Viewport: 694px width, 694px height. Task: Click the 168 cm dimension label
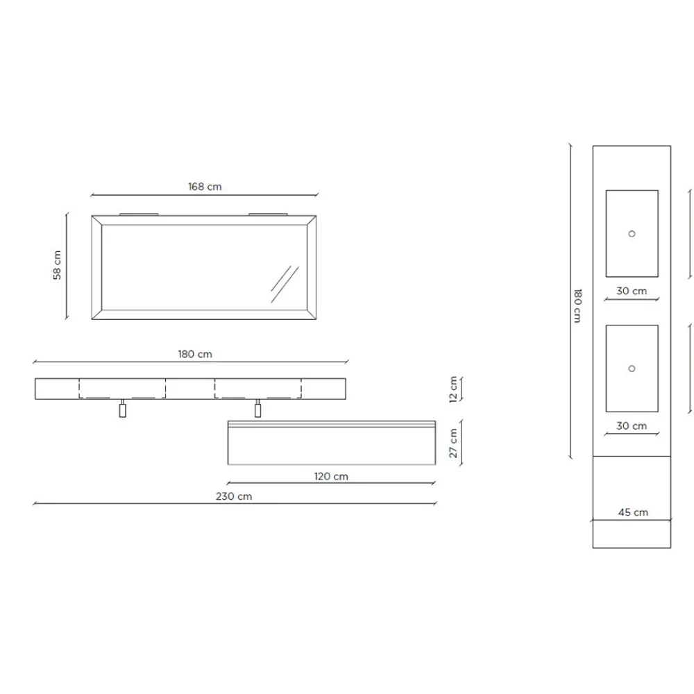point(205,187)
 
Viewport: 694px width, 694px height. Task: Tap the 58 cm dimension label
point(57,265)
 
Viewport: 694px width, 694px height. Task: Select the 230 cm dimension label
point(234,496)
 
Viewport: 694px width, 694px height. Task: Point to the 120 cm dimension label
point(331,476)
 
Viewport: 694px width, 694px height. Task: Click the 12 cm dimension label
point(452,389)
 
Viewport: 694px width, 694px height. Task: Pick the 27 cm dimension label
point(452,443)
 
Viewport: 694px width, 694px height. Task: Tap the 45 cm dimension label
point(633,512)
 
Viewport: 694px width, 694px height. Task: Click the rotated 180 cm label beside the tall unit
point(577,306)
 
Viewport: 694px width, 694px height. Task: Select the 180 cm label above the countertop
point(195,354)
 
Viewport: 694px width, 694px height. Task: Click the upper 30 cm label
point(632,291)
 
